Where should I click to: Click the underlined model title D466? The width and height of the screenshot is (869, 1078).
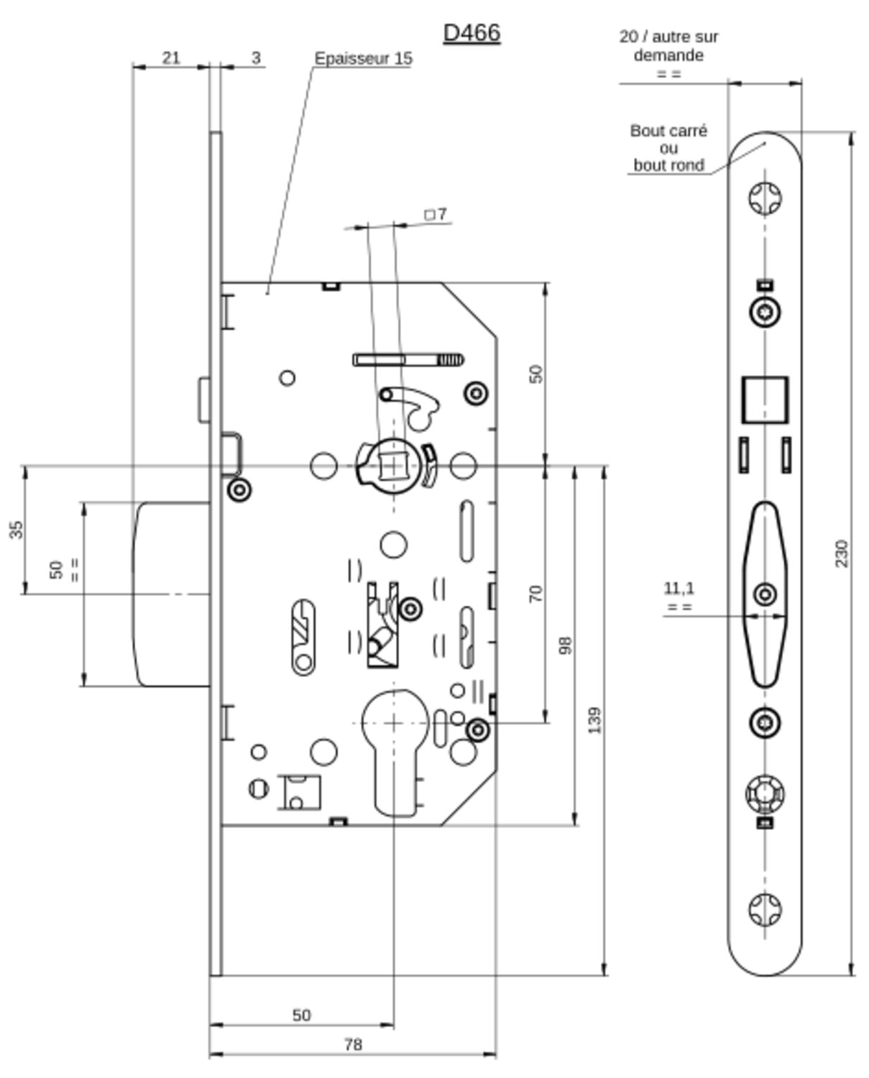tap(472, 33)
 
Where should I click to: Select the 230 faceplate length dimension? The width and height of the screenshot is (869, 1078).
tap(842, 553)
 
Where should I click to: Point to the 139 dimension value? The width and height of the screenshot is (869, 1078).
tap(594, 720)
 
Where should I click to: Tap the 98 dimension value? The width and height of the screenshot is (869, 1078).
tap(565, 645)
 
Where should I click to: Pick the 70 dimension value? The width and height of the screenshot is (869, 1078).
tap(535, 594)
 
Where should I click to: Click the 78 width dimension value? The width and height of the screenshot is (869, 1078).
tap(353, 1044)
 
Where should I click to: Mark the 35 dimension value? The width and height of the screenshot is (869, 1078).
tap(16, 530)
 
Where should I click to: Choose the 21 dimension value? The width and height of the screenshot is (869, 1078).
tap(171, 58)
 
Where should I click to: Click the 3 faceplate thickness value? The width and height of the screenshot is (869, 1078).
tap(256, 58)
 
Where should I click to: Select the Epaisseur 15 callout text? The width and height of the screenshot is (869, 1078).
tap(363, 59)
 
